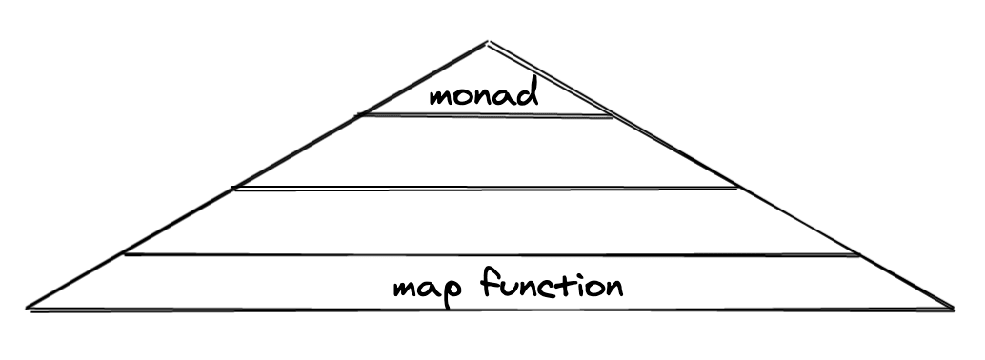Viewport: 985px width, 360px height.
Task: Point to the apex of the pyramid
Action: tap(488, 42)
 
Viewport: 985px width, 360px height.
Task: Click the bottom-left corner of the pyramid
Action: tap(27, 309)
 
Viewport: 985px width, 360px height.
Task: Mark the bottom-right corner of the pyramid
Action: tap(955, 310)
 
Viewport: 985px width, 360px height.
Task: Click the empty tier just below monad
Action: tap(485, 151)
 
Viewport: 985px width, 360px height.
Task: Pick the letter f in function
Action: tap(491, 282)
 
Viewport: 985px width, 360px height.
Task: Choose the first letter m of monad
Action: tap(442, 97)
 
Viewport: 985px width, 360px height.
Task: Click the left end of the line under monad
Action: tap(357, 115)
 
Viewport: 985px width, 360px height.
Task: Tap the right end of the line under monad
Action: tap(613, 117)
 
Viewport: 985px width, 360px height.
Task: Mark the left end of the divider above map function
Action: tap(125, 254)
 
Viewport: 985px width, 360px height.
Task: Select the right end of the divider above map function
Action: tap(858, 255)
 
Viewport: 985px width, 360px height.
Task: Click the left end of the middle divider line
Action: tap(232, 188)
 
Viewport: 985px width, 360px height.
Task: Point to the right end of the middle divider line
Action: tap(737, 188)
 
